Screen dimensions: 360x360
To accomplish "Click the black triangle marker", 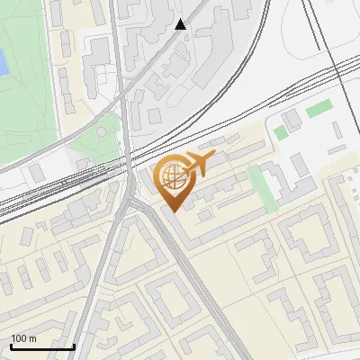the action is click(181, 24).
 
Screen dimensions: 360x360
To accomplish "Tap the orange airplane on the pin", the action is click(198, 163).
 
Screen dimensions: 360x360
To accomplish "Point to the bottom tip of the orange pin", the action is click(171, 211).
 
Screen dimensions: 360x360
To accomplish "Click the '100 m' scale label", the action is click(23, 338).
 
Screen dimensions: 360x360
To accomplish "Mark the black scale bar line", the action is click(42, 346).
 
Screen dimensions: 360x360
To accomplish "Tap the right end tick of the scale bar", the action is click(74, 345).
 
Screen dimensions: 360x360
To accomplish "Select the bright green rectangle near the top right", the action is click(319, 110).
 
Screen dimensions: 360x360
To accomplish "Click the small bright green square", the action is click(281, 132).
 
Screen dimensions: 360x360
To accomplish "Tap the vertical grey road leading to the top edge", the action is click(119, 54).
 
